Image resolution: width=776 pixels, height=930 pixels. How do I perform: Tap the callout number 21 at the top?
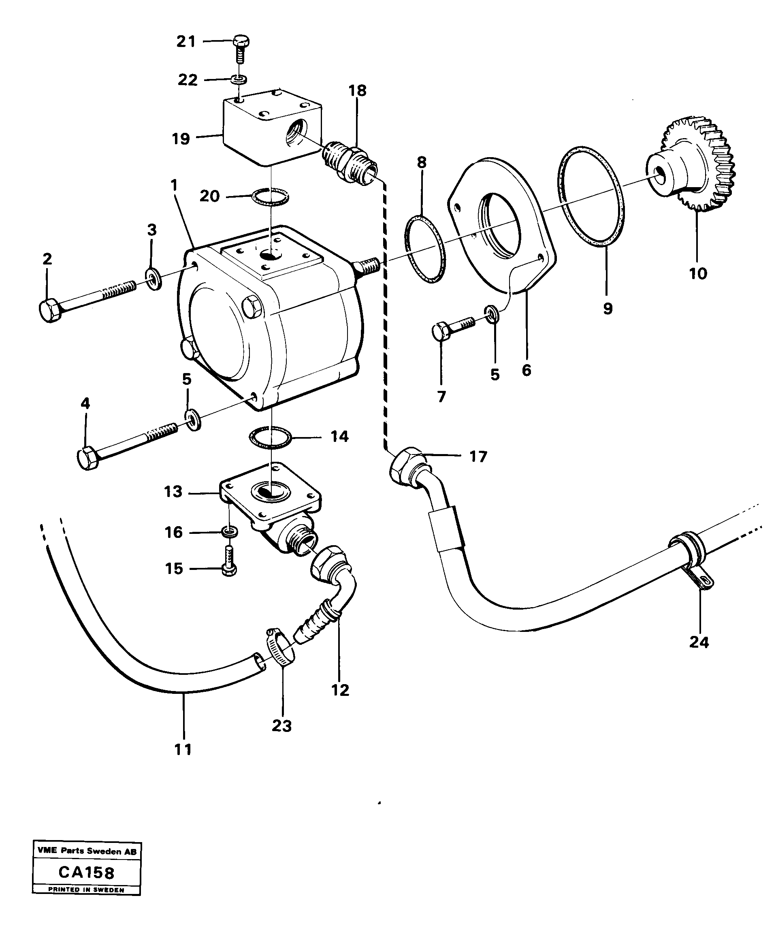pyautogui.click(x=186, y=42)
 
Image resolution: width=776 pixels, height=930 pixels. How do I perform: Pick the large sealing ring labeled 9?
pyautogui.click(x=591, y=195)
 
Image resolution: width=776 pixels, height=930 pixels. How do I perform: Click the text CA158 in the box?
pyautogui.click(x=86, y=873)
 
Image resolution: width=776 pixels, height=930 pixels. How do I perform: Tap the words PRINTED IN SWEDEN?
pyautogui.click(x=86, y=889)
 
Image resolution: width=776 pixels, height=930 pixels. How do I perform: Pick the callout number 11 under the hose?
pyautogui.click(x=183, y=749)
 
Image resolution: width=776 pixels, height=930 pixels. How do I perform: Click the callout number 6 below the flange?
pyautogui.click(x=526, y=370)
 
